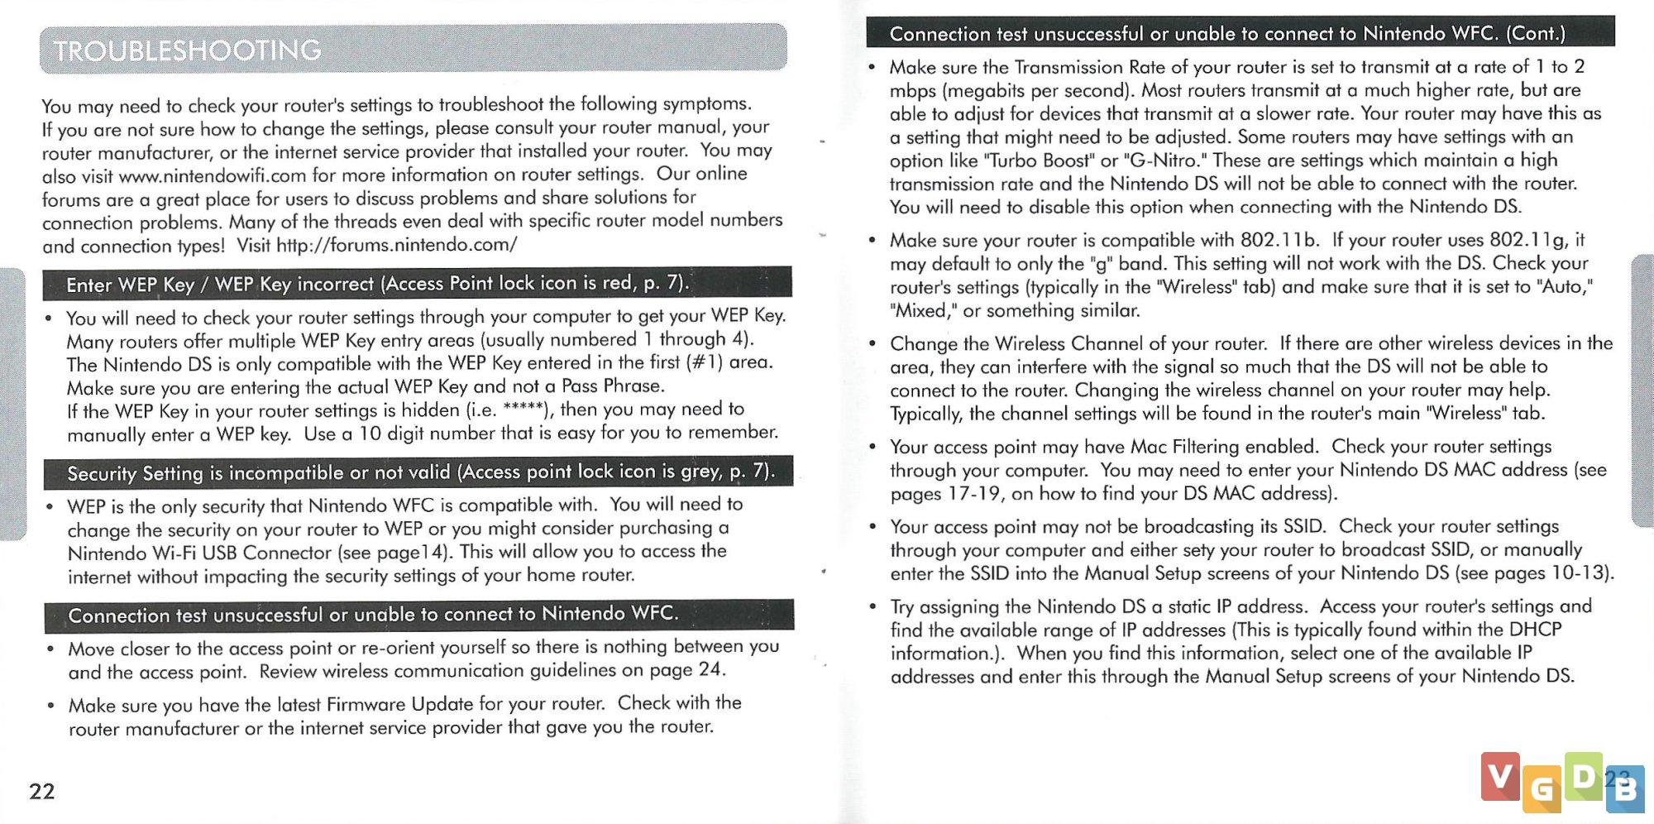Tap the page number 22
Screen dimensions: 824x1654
tap(42, 792)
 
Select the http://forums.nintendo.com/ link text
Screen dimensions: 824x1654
tap(397, 245)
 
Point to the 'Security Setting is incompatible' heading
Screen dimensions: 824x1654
tap(418, 472)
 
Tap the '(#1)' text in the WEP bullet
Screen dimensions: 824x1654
tap(705, 362)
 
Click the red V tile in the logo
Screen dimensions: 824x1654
tap(1499, 776)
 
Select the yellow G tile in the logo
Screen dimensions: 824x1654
tap(1542, 788)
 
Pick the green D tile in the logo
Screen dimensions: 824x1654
tap(1583, 776)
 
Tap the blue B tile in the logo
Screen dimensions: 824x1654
tap(1626, 788)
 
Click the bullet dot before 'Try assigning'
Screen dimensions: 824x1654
tap(872, 606)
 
